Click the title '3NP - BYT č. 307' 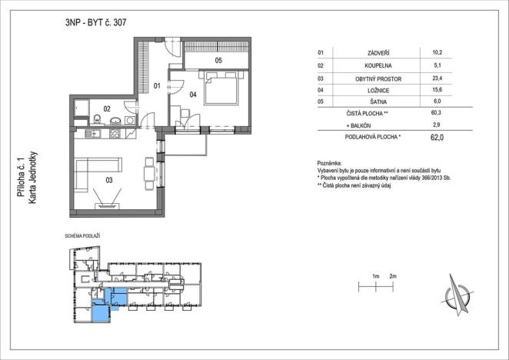pos(96,22)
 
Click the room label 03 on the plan pos(110,181)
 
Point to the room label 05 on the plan pos(218,60)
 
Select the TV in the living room pos(106,205)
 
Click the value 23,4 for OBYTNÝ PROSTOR pos(437,78)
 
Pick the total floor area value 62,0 pos(437,138)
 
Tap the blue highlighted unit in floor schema pos(101,309)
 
